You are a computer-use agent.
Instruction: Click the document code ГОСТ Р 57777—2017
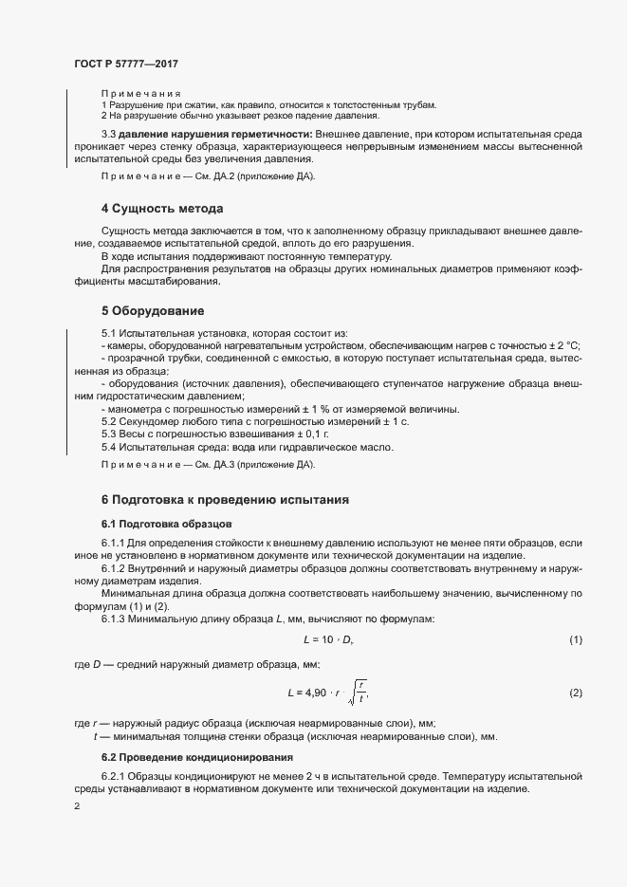click(x=125, y=64)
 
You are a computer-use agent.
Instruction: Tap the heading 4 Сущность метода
click(x=162, y=208)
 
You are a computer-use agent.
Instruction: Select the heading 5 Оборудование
click(x=154, y=310)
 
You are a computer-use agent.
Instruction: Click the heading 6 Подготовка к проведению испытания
click(x=226, y=499)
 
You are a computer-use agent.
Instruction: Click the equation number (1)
click(x=575, y=641)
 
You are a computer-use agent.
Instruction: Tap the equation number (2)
click(x=575, y=693)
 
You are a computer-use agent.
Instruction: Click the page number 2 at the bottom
click(x=77, y=807)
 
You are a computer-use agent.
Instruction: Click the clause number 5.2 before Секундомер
click(x=109, y=421)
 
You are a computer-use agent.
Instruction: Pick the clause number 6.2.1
click(x=114, y=777)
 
